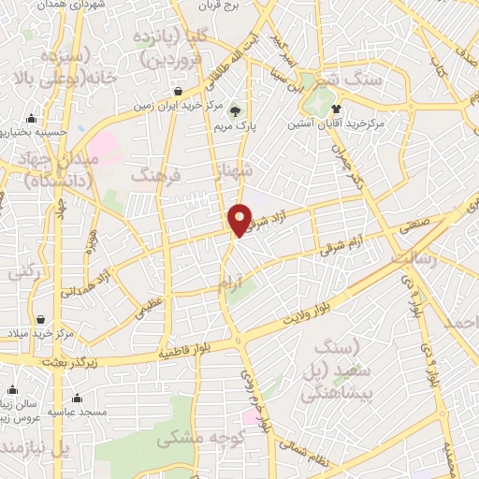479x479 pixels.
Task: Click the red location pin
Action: tap(239, 219)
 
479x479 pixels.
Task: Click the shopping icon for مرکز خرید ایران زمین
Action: tap(177, 91)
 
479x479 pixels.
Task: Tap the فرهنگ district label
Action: tap(154, 174)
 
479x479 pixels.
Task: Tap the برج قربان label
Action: tap(225, 5)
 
